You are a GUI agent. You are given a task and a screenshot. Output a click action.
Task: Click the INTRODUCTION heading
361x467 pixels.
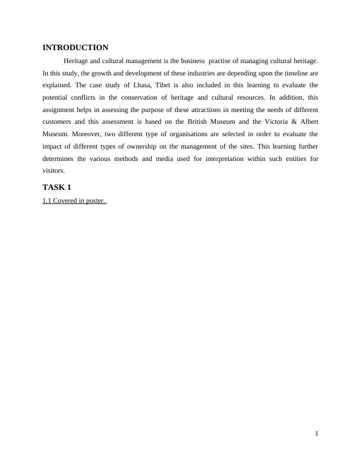76,48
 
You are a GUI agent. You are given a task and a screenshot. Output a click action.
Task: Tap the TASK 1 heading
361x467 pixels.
57,188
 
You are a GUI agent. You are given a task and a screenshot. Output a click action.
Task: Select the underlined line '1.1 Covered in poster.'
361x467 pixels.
74,200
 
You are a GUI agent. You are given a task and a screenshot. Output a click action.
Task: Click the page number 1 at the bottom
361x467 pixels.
317,434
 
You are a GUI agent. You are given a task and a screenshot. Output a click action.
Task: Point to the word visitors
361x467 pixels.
53,171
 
